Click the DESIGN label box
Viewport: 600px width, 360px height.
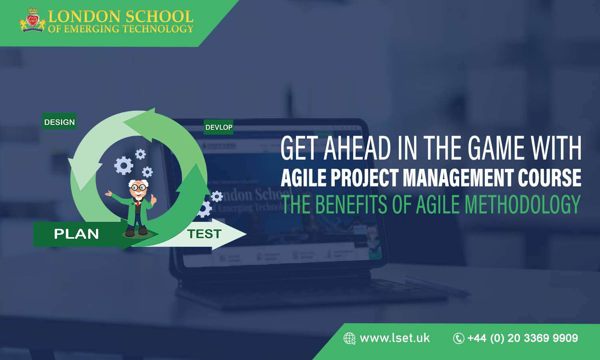coord(60,122)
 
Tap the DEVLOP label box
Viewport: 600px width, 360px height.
coord(218,127)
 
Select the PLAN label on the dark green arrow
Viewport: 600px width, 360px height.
coord(76,234)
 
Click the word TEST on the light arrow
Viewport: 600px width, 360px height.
coord(204,234)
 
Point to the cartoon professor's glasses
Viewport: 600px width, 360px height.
coord(138,187)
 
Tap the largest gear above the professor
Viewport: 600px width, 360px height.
coord(124,165)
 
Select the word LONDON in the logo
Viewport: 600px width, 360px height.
coord(84,16)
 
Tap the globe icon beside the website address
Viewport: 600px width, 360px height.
coord(349,338)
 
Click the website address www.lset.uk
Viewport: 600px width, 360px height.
coord(395,338)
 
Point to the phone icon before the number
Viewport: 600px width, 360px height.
coord(458,338)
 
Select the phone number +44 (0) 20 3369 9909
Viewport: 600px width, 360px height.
coord(523,338)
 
